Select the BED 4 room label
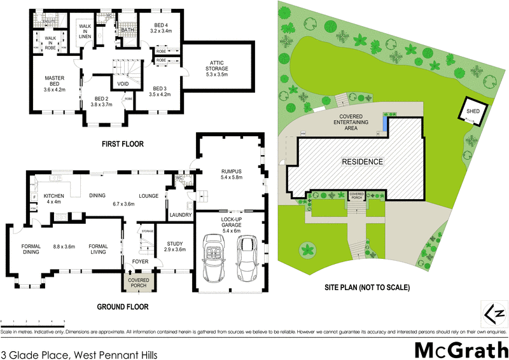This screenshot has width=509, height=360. click(162, 25)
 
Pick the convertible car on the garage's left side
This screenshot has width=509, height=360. click(213, 259)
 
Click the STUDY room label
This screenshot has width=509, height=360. click(174, 246)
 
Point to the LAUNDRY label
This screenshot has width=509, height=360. click(181, 215)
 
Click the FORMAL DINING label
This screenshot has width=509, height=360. click(31, 249)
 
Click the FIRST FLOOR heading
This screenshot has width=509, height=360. click(123, 144)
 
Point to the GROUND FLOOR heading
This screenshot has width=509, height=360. click(123, 307)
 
